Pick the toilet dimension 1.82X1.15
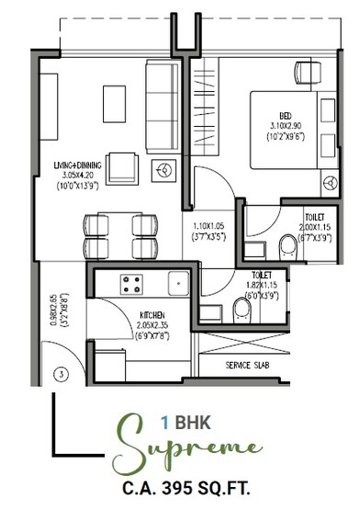point(262,286)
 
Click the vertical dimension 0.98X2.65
point(55,311)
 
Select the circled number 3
point(60,374)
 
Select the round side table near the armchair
point(166,171)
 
